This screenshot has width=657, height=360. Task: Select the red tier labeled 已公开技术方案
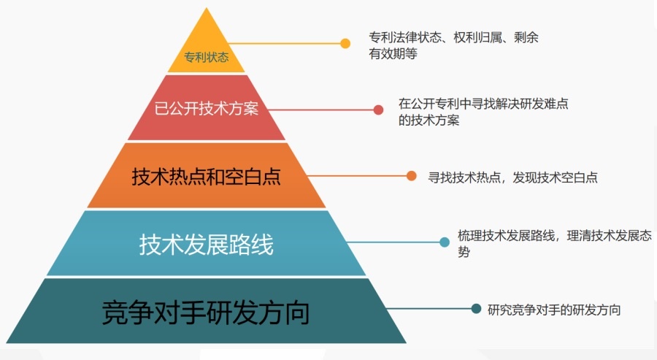(x=207, y=110)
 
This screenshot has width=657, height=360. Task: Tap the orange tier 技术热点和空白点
(x=207, y=176)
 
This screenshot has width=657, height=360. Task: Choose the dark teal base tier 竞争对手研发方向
(x=207, y=312)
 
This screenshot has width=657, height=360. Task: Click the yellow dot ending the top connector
(x=345, y=44)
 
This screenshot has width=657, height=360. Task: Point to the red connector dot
(x=378, y=110)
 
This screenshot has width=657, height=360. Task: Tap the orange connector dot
(x=412, y=176)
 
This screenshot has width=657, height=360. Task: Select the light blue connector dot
(x=444, y=242)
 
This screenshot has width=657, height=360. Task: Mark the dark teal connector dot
(x=476, y=309)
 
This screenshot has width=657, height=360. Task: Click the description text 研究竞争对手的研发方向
(x=555, y=310)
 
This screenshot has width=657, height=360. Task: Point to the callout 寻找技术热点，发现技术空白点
(x=512, y=177)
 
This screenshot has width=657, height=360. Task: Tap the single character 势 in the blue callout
(x=464, y=253)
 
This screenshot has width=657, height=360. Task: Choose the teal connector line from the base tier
(x=431, y=309)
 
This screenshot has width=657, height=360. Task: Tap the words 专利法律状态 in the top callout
(x=404, y=37)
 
